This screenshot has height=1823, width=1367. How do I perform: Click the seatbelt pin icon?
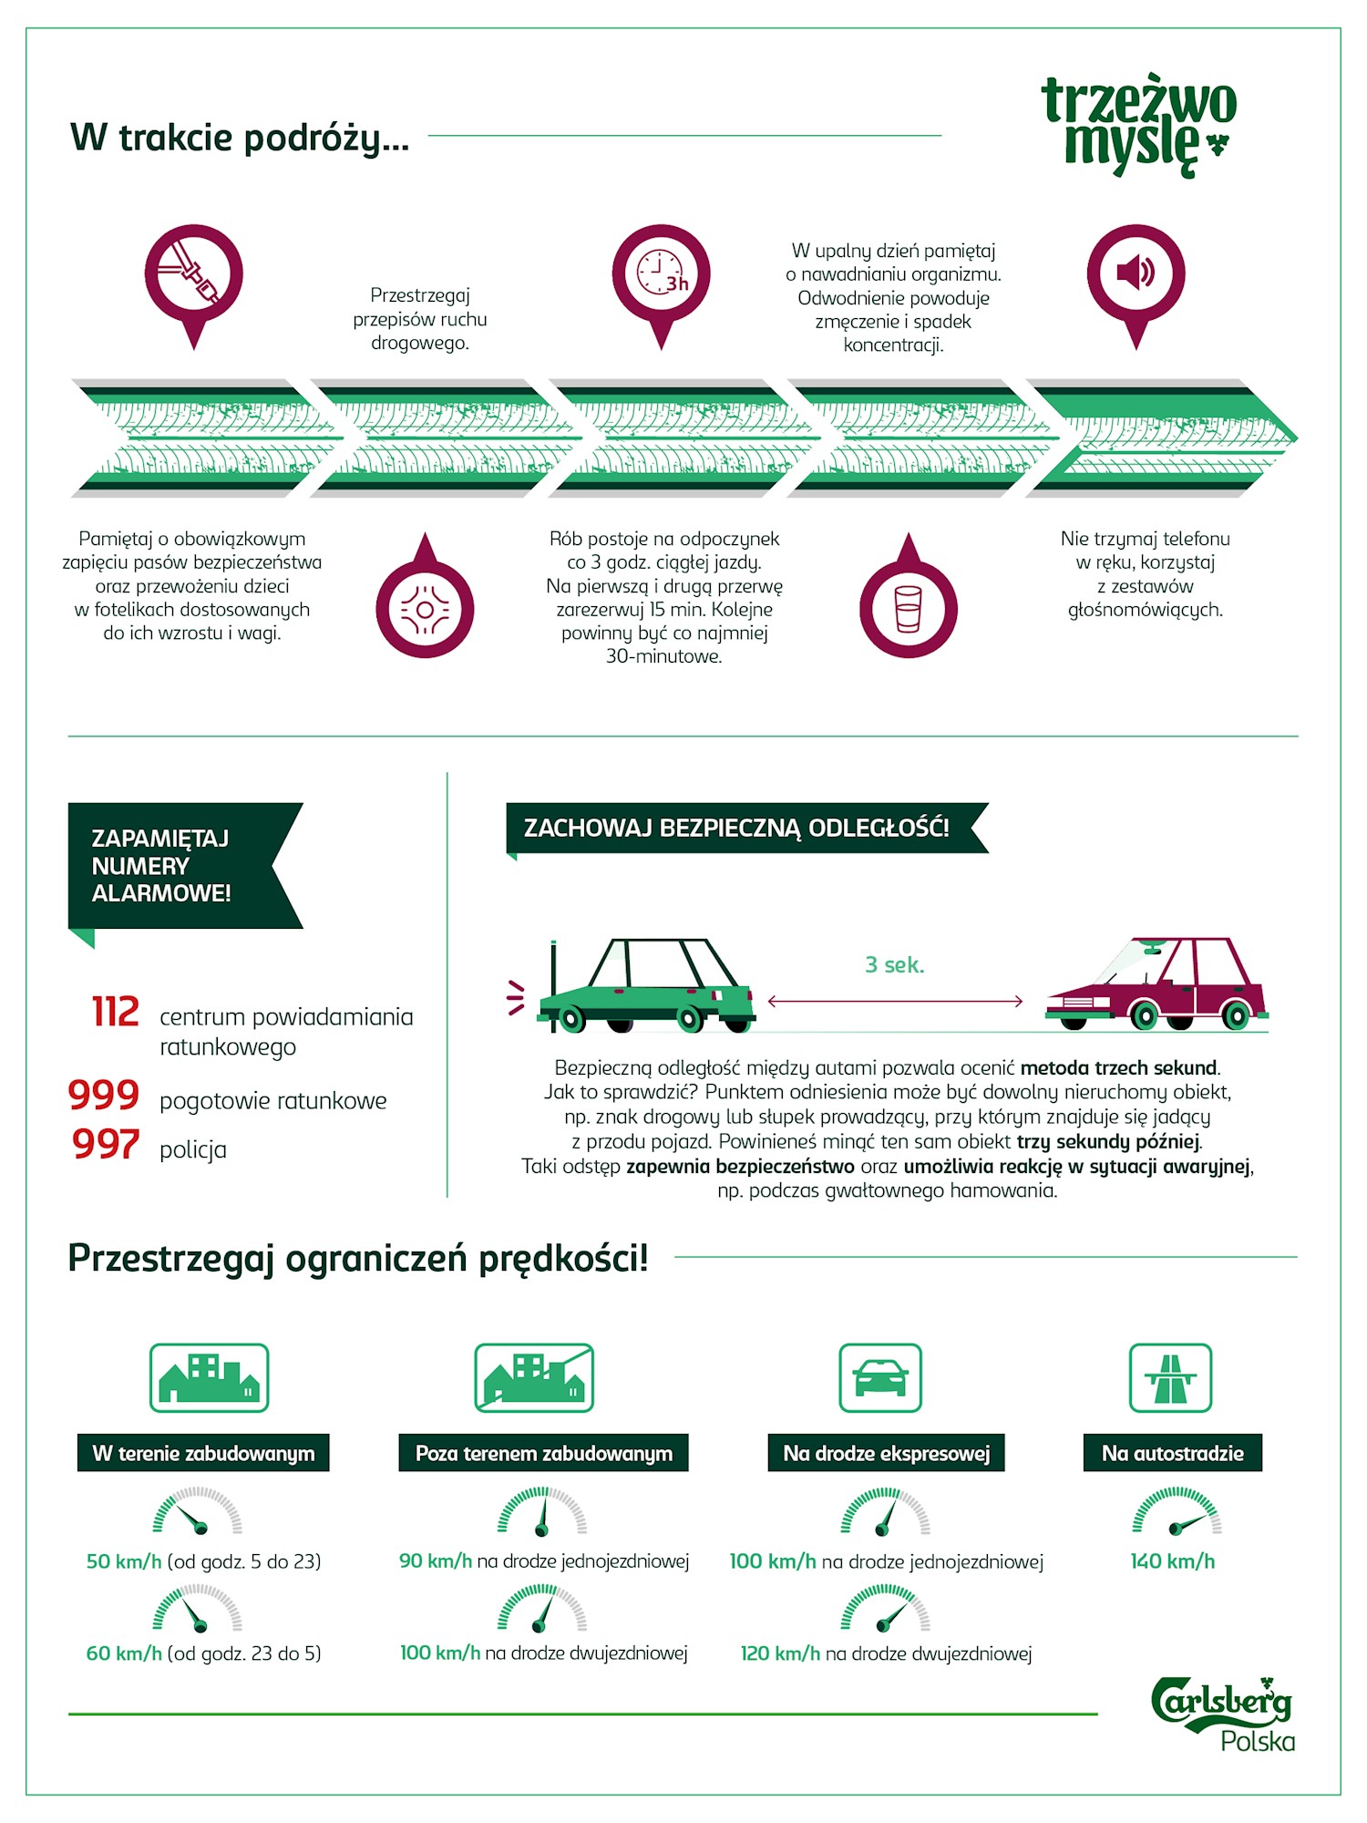193,278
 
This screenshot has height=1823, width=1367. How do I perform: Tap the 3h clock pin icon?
661,278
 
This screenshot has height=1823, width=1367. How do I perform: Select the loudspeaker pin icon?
1136,278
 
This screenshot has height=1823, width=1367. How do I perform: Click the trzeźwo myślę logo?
1139,126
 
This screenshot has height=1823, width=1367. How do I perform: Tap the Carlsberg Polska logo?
1223,1714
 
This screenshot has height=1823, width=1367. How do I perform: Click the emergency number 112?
116,1012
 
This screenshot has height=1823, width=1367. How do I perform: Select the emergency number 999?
104,1095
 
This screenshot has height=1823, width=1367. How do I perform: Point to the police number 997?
106,1144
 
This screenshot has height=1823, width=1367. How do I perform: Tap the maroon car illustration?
1156,984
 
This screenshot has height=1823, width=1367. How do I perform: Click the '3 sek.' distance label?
895,965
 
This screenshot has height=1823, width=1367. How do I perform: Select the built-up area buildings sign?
209,1377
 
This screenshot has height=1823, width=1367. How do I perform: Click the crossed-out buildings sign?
534,1377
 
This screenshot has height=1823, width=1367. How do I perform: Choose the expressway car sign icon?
880,1377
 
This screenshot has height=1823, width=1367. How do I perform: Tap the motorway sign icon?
1171,1377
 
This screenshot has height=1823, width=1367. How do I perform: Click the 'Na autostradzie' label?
1173,1453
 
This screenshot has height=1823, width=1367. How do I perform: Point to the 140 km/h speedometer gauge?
1177,1510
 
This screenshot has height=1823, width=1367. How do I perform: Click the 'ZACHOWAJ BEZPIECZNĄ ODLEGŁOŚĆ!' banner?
747,828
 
